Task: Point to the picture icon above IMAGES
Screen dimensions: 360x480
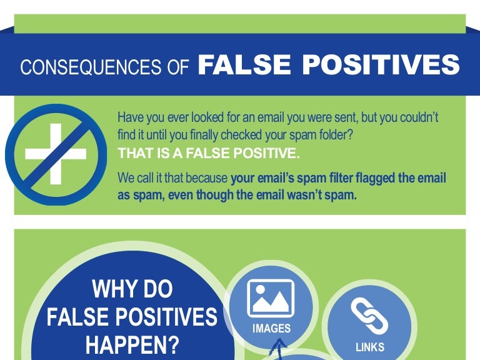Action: click(x=271, y=297)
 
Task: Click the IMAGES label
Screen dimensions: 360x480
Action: click(x=271, y=328)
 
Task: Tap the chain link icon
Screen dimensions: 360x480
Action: click(x=369, y=316)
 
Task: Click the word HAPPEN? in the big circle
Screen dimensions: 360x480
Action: click(x=132, y=344)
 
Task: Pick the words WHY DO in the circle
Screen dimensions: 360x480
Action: click(x=132, y=290)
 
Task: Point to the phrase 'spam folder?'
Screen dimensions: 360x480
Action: click(x=331, y=134)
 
